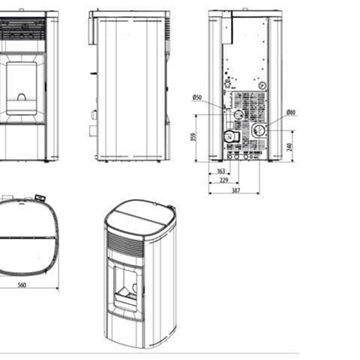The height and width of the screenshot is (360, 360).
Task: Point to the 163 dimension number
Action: click(x=221, y=171)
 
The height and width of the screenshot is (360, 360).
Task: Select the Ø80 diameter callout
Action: click(x=290, y=112)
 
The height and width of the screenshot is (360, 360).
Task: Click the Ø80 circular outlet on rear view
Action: click(x=258, y=130)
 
